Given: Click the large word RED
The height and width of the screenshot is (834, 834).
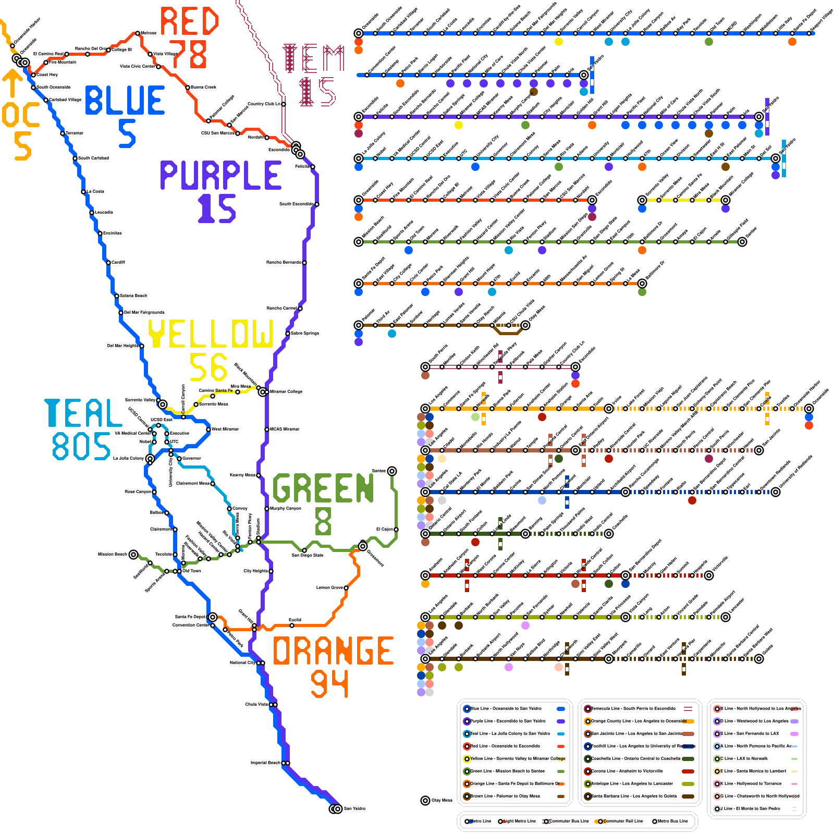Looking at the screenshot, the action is [189, 21].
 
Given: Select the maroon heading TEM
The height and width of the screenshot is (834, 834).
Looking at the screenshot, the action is [313, 58].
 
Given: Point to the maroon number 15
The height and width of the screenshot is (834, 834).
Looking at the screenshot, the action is [317, 92].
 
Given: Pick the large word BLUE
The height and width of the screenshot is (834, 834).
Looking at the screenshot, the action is [125, 101].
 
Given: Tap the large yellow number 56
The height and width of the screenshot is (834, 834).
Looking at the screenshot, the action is [208, 367].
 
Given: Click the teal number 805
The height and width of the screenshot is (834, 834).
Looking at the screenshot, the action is [81, 446].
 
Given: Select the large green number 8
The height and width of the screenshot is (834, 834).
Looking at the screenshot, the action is [323, 521].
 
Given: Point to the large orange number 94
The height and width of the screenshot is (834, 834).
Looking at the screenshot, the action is [329, 683].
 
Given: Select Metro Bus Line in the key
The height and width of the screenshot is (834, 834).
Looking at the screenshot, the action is [672, 821].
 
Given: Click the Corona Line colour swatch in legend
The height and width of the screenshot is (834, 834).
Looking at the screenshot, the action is [688, 771].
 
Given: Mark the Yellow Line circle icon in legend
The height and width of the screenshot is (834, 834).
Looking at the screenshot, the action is [467, 758].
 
